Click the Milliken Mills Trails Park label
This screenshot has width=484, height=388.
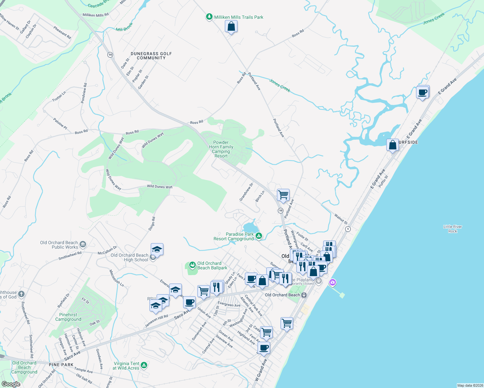pyautogui.click(x=238, y=17)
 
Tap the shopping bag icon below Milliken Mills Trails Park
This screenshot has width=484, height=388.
pyautogui.click(x=231, y=26)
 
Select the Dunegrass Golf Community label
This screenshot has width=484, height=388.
pyautogui.click(x=151, y=56)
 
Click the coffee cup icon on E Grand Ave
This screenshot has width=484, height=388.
pyautogui.click(x=423, y=92)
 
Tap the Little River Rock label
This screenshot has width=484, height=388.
pyautogui.click(x=453, y=229)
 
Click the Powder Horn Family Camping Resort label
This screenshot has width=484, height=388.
pyautogui.click(x=221, y=149)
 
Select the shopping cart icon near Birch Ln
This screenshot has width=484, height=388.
pyautogui.click(x=283, y=195)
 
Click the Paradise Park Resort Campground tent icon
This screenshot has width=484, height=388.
pyautogui.click(x=259, y=236)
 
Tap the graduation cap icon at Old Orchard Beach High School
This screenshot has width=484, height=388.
pyautogui.click(x=157, y=249)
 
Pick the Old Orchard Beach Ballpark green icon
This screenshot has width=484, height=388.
pyautogui.click(x=192, y=265)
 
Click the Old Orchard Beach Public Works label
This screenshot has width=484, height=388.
pyautogui.click(x=59, y=245)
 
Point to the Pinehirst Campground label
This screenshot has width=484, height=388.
pyautogui.click(x=68, y=317)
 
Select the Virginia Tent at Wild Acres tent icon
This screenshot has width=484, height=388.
pyautogui.click(x=144, y=365)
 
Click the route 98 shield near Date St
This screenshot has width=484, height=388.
pyautogui.click(x=110, y=55)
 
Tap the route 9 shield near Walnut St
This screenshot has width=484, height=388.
pyautogui.click(x=348, y=229)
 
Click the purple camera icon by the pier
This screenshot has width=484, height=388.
pyautogui.click(x=332, y=283)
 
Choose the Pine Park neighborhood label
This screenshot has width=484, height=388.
pyautogui.click(x=61, y=365)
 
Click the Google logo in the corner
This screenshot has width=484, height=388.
pyautogui.click(x=11, y=384)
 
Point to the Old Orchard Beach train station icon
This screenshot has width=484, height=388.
pyautogui.click(x=304, y=295)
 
